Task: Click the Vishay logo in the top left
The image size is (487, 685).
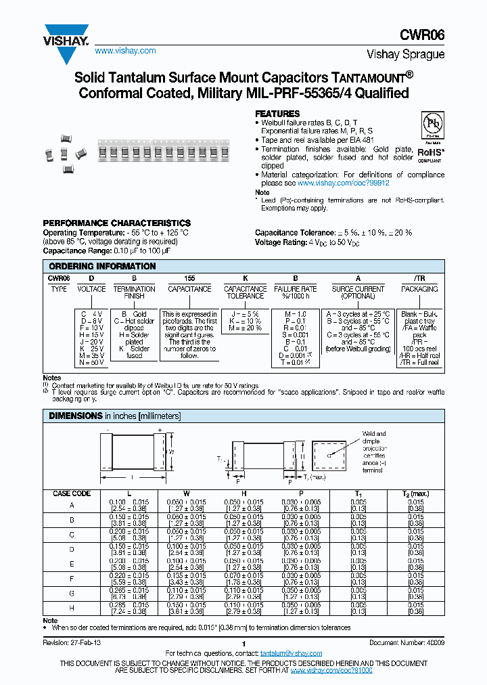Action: point(66,35)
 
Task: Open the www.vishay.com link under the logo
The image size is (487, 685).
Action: point(125,51)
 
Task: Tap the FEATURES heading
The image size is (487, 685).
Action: point(277,114)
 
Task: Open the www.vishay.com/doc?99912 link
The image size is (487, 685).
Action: point(344,183)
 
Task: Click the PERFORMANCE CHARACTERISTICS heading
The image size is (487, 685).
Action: point(116,223)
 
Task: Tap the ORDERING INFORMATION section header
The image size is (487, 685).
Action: point(102,266)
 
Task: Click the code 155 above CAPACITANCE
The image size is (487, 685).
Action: point(189,278)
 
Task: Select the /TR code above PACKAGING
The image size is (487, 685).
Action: point(419,278)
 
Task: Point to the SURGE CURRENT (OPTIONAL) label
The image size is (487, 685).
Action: point(358,292)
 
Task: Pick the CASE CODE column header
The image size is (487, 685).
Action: point(72,493)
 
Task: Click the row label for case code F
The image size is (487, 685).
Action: point(72,579)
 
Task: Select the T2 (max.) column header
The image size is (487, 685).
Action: point(416,493)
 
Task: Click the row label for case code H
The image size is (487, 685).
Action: point(72,607)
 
